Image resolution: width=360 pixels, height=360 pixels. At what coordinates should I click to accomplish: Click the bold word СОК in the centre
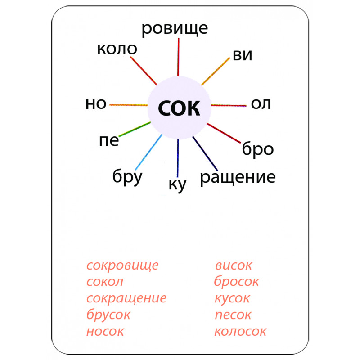coord(179,108)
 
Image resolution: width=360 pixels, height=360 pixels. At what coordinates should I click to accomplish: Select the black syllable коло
coord(117,49)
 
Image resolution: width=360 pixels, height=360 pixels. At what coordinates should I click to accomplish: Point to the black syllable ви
coord(243,55)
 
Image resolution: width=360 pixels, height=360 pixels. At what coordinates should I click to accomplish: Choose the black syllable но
coord(96,104)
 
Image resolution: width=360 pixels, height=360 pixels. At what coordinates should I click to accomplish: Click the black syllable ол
coord(261,104)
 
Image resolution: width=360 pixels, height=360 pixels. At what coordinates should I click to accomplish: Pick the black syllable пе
coord(109,141)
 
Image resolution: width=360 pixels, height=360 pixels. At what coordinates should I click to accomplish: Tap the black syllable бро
coord(258,149)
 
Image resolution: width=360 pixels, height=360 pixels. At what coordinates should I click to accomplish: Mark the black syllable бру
coord(127,176)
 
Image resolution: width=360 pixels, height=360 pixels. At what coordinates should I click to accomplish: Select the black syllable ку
coord(177,184)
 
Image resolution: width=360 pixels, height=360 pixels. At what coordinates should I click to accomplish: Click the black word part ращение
coord(238,177)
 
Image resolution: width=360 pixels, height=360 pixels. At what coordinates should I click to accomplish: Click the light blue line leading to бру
coord(148,152)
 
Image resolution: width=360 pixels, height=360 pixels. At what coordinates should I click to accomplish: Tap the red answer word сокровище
coord(122,265)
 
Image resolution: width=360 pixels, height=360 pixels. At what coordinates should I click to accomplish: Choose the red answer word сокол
coord(105,282)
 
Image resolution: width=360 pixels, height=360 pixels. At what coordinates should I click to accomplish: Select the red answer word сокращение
coord(126,298)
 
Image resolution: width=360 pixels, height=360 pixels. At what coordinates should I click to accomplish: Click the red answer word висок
coord(234,265)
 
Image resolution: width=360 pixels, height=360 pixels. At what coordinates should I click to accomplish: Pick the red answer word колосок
coord(240,332)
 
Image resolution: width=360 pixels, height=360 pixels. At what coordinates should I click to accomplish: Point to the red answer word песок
coord(233,315)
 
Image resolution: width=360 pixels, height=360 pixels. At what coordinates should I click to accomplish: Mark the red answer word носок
coord(105,332)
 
